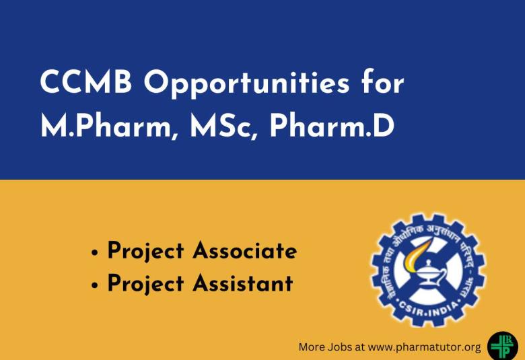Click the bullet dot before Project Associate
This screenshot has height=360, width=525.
tap(95, 254)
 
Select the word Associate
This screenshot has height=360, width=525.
tap(245, 251)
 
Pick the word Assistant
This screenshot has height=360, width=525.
tap(243, 283)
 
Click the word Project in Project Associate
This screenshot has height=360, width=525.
tap(145, 251)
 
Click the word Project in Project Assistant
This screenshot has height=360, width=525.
tap(145, 283)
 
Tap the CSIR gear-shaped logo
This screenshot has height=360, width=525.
tap(428, 270)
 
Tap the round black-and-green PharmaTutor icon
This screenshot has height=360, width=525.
tap(502, 345)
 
